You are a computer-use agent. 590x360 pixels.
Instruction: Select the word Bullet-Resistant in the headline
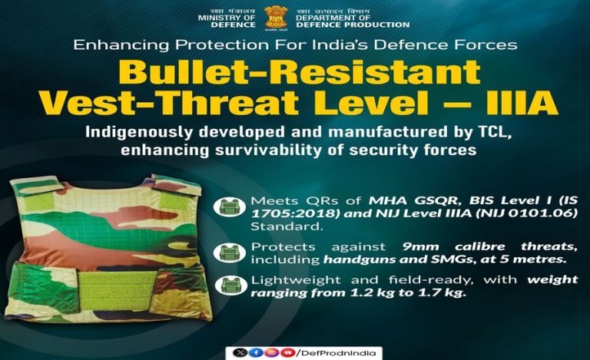tap(294, 73)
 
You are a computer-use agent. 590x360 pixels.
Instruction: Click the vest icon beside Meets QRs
tap(228, 205)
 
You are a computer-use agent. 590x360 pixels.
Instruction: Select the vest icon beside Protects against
tap(228, 251)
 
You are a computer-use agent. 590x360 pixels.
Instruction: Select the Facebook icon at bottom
tap(252, 352)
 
